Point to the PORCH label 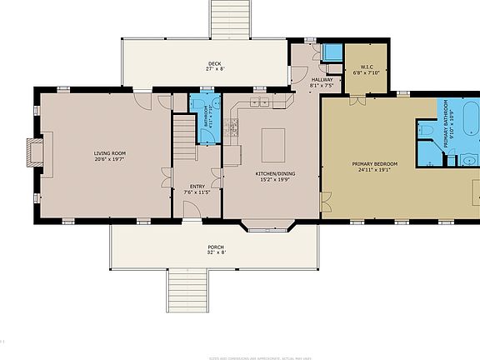216,250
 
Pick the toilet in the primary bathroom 425,131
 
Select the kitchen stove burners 232,127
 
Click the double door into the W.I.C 357,101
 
